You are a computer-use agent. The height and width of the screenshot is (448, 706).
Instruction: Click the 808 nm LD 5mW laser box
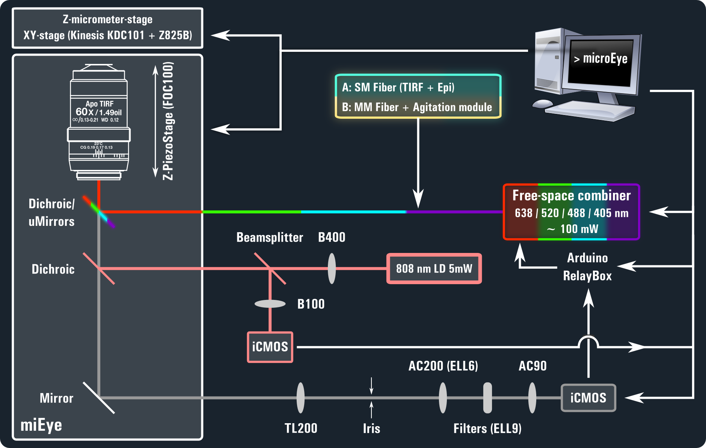pos(434,268)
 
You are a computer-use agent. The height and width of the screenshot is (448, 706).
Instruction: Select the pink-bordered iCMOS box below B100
pos(270,347)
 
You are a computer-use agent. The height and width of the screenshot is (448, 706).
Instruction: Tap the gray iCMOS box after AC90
pos(588,398)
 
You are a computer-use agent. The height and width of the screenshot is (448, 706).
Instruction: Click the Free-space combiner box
pos(571,212)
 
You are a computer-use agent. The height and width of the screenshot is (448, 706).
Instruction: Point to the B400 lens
pos(332,268)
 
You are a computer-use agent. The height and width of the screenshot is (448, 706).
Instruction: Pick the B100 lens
pos(270,304)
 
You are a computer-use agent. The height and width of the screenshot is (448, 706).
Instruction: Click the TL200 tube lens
pos(300,398)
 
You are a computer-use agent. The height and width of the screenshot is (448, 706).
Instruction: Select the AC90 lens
pos(532,398)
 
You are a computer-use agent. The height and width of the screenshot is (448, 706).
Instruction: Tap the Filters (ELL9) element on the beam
pos(487,398)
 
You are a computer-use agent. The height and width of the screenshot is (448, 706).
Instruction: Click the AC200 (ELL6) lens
pos(443,398)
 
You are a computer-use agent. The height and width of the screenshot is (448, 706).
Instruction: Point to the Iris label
pos(371,428)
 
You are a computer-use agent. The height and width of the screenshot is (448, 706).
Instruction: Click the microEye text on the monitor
pos(601,59)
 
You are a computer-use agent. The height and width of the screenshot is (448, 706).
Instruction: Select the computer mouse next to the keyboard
pos(542,103)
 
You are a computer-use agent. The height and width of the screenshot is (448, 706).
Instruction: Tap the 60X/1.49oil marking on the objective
pos(98,112)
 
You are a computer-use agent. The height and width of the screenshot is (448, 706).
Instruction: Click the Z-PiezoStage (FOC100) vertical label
pos(168,121)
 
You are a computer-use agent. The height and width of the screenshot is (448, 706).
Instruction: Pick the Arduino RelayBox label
pos(587,267)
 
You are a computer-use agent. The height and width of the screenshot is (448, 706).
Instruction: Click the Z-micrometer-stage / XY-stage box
pos(107,28)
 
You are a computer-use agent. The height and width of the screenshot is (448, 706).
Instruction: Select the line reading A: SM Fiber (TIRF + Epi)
pos(398,87)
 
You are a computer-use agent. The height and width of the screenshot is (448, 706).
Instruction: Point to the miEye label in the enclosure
pos(41,425)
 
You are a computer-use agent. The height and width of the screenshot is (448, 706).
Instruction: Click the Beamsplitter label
pos(270,238)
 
